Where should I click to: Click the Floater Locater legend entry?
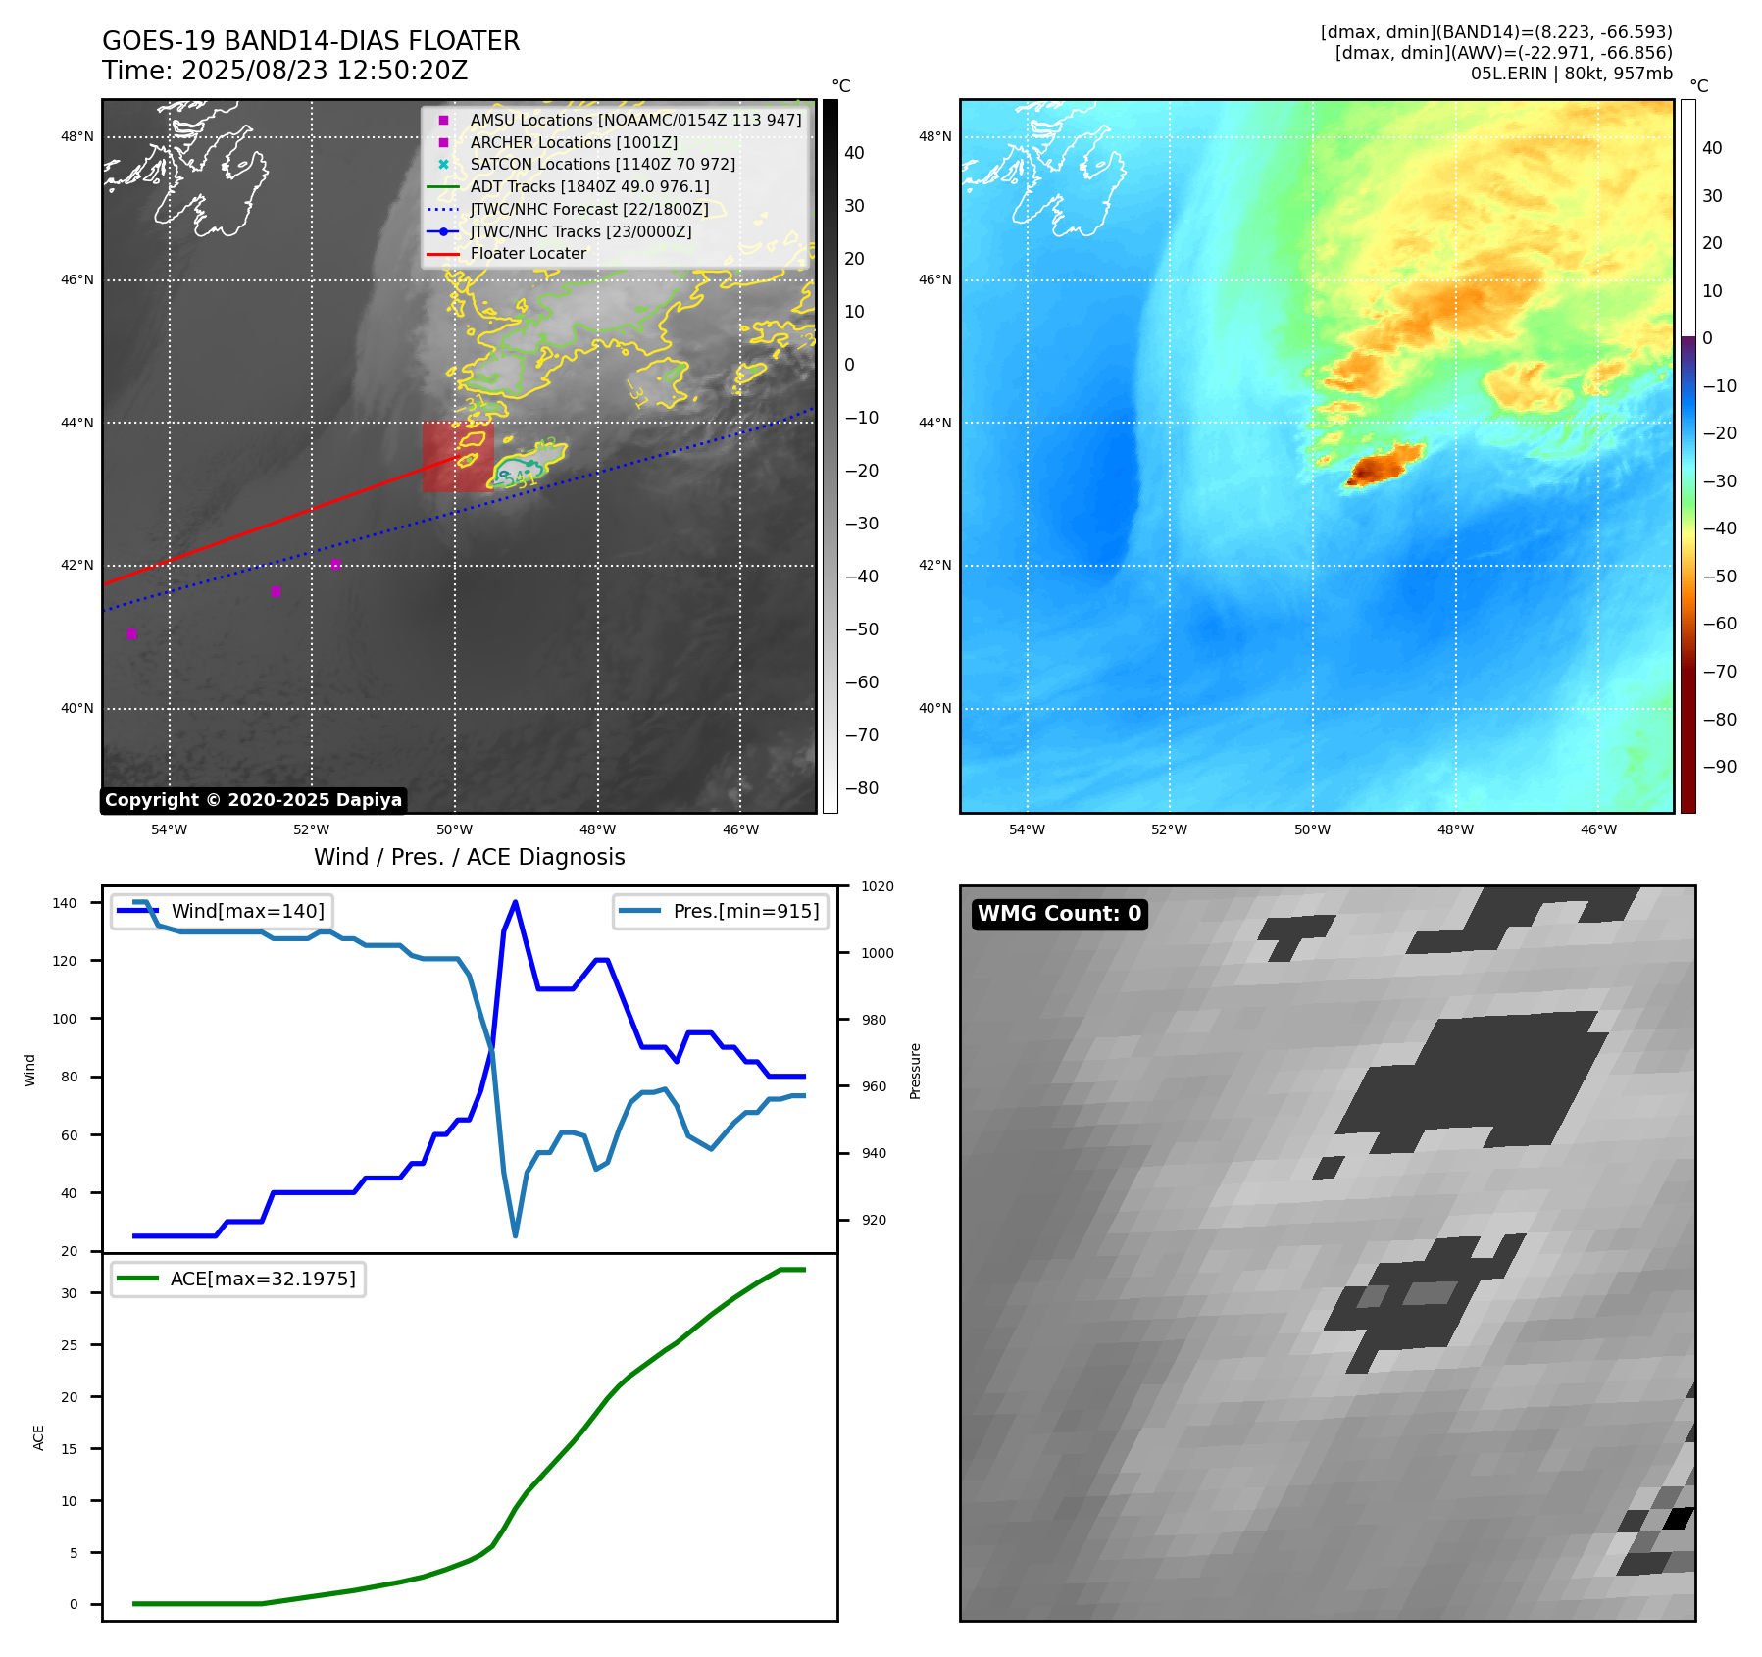pos(528,254)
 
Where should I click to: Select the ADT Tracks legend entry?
pos(589,186)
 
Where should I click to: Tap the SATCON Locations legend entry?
pos(602,165)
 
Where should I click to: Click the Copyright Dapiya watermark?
pos(253,800)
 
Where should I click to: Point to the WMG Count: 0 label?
pos(1059,914)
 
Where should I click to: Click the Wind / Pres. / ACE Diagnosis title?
pos(469,857)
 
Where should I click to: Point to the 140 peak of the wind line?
pos(516,903)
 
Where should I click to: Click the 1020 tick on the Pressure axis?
pos(878,886)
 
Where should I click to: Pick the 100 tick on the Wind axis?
pos(65,1019)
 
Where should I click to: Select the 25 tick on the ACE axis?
pos(69,1345)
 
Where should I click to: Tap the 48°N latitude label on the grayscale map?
pos(77,136)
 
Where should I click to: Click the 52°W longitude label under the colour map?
pos(1169,829)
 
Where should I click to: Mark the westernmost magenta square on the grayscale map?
pos(131,633)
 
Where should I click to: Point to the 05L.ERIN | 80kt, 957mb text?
pos(1571,74)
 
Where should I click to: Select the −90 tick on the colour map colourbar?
pos(1719,767)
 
